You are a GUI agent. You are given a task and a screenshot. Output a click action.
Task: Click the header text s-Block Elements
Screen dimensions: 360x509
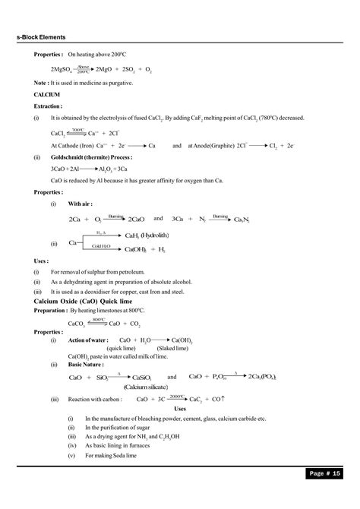tap(40, 36)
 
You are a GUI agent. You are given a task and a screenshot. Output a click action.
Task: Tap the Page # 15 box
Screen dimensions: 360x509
tap(327, 495)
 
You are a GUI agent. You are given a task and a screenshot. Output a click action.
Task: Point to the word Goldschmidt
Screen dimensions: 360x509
tap(68, 158)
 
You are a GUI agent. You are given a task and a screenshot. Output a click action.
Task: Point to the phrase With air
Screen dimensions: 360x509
tap(81, 204)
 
